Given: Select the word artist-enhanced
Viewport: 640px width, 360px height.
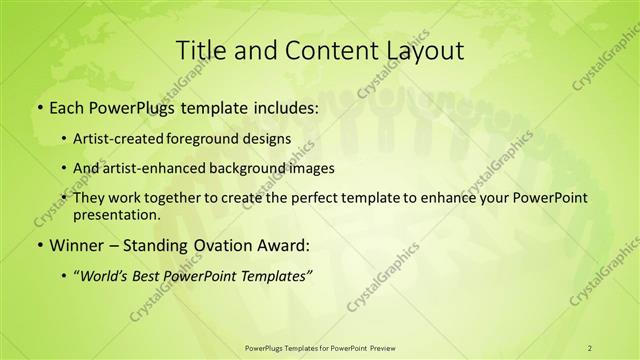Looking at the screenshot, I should click(x=162, y=169).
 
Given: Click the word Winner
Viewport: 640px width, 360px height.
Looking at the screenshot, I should click(x=74, y=245).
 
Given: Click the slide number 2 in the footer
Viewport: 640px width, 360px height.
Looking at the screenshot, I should click(x=590, y=347).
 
